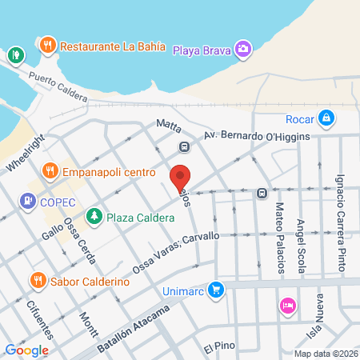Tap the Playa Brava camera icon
243,50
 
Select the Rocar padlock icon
326,118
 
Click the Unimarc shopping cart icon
214,290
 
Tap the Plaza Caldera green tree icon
94,217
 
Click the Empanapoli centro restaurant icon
50,170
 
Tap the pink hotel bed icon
287,306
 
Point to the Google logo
26,350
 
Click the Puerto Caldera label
58,86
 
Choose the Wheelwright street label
26,152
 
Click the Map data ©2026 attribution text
325,354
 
